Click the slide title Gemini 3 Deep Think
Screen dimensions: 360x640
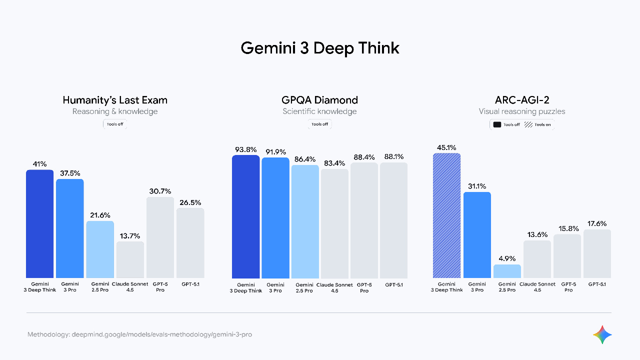[x=320, y=48]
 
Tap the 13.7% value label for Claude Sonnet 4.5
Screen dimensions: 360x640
[x=130, y=236]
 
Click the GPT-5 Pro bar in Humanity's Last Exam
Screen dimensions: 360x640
[x=160, y=237]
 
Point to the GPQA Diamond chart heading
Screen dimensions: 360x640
[x=320, y=100]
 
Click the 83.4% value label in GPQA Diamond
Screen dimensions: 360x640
[x=334, y=163]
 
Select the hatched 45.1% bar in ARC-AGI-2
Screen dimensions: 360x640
[x=446, y=215]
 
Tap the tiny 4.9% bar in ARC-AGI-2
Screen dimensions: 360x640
[x=507, y=271]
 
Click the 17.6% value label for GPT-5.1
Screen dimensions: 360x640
[x=597, y=223]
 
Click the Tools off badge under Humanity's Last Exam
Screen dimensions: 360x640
[x=115, y=124]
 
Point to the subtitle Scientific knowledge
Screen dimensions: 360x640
[x=320, y=111]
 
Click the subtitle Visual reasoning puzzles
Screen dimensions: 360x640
[x=522, y=111]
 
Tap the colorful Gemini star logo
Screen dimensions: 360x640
[x=602, y=334]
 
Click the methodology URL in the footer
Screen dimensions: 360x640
[x=162, y=334]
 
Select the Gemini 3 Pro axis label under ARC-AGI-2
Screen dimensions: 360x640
[x=476, y=287]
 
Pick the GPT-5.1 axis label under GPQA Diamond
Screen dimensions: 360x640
[x=394, y=284]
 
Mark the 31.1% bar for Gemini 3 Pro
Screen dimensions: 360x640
[x=477, y=235]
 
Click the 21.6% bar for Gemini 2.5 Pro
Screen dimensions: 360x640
[x=100, y=249]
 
